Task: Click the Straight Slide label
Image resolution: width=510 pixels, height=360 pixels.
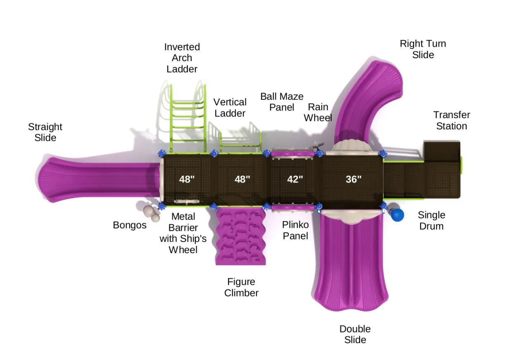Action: point(45,132)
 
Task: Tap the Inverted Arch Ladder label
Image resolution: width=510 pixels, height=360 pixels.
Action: point(182,58)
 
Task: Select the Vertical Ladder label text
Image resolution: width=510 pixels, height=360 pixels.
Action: point(230,108)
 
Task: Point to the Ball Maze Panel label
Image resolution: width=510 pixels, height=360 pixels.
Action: point(282,102)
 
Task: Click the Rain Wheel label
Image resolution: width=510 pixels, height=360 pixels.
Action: point(318,112)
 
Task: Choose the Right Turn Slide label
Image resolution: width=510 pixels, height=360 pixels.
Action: point(423,49)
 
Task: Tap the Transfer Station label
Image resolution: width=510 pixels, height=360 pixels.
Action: point(451,121)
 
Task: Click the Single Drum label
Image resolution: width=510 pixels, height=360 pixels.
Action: point(432,220)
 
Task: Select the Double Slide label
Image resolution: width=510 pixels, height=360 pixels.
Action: point(355,334)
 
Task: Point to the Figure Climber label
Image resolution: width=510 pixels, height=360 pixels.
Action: point(241,287)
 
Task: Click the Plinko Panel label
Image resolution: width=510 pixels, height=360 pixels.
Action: point(295,230)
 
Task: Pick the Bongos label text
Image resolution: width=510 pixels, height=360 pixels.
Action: point(130,225)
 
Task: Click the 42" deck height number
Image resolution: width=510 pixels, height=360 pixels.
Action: point(295,179)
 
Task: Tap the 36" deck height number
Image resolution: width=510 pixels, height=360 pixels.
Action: point(353,179)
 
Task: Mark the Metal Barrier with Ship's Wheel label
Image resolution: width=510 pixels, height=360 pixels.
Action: point(183,233)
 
